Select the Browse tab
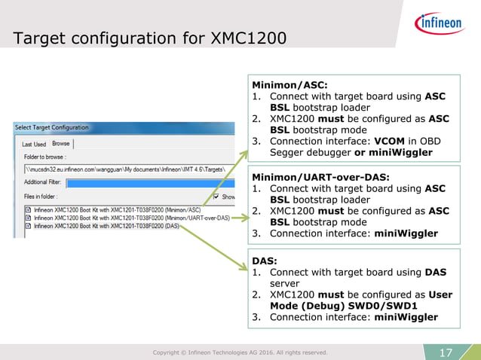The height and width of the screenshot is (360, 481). (60, 144)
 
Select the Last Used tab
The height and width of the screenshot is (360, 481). (33, 144)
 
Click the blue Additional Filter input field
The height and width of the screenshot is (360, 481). (143, 182)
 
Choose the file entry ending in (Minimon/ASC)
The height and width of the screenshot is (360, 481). (113, 209)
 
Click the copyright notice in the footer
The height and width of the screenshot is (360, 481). (240, 352)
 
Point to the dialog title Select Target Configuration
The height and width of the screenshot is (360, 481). (51, 127)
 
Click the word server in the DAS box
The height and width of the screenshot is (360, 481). (286, 283)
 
